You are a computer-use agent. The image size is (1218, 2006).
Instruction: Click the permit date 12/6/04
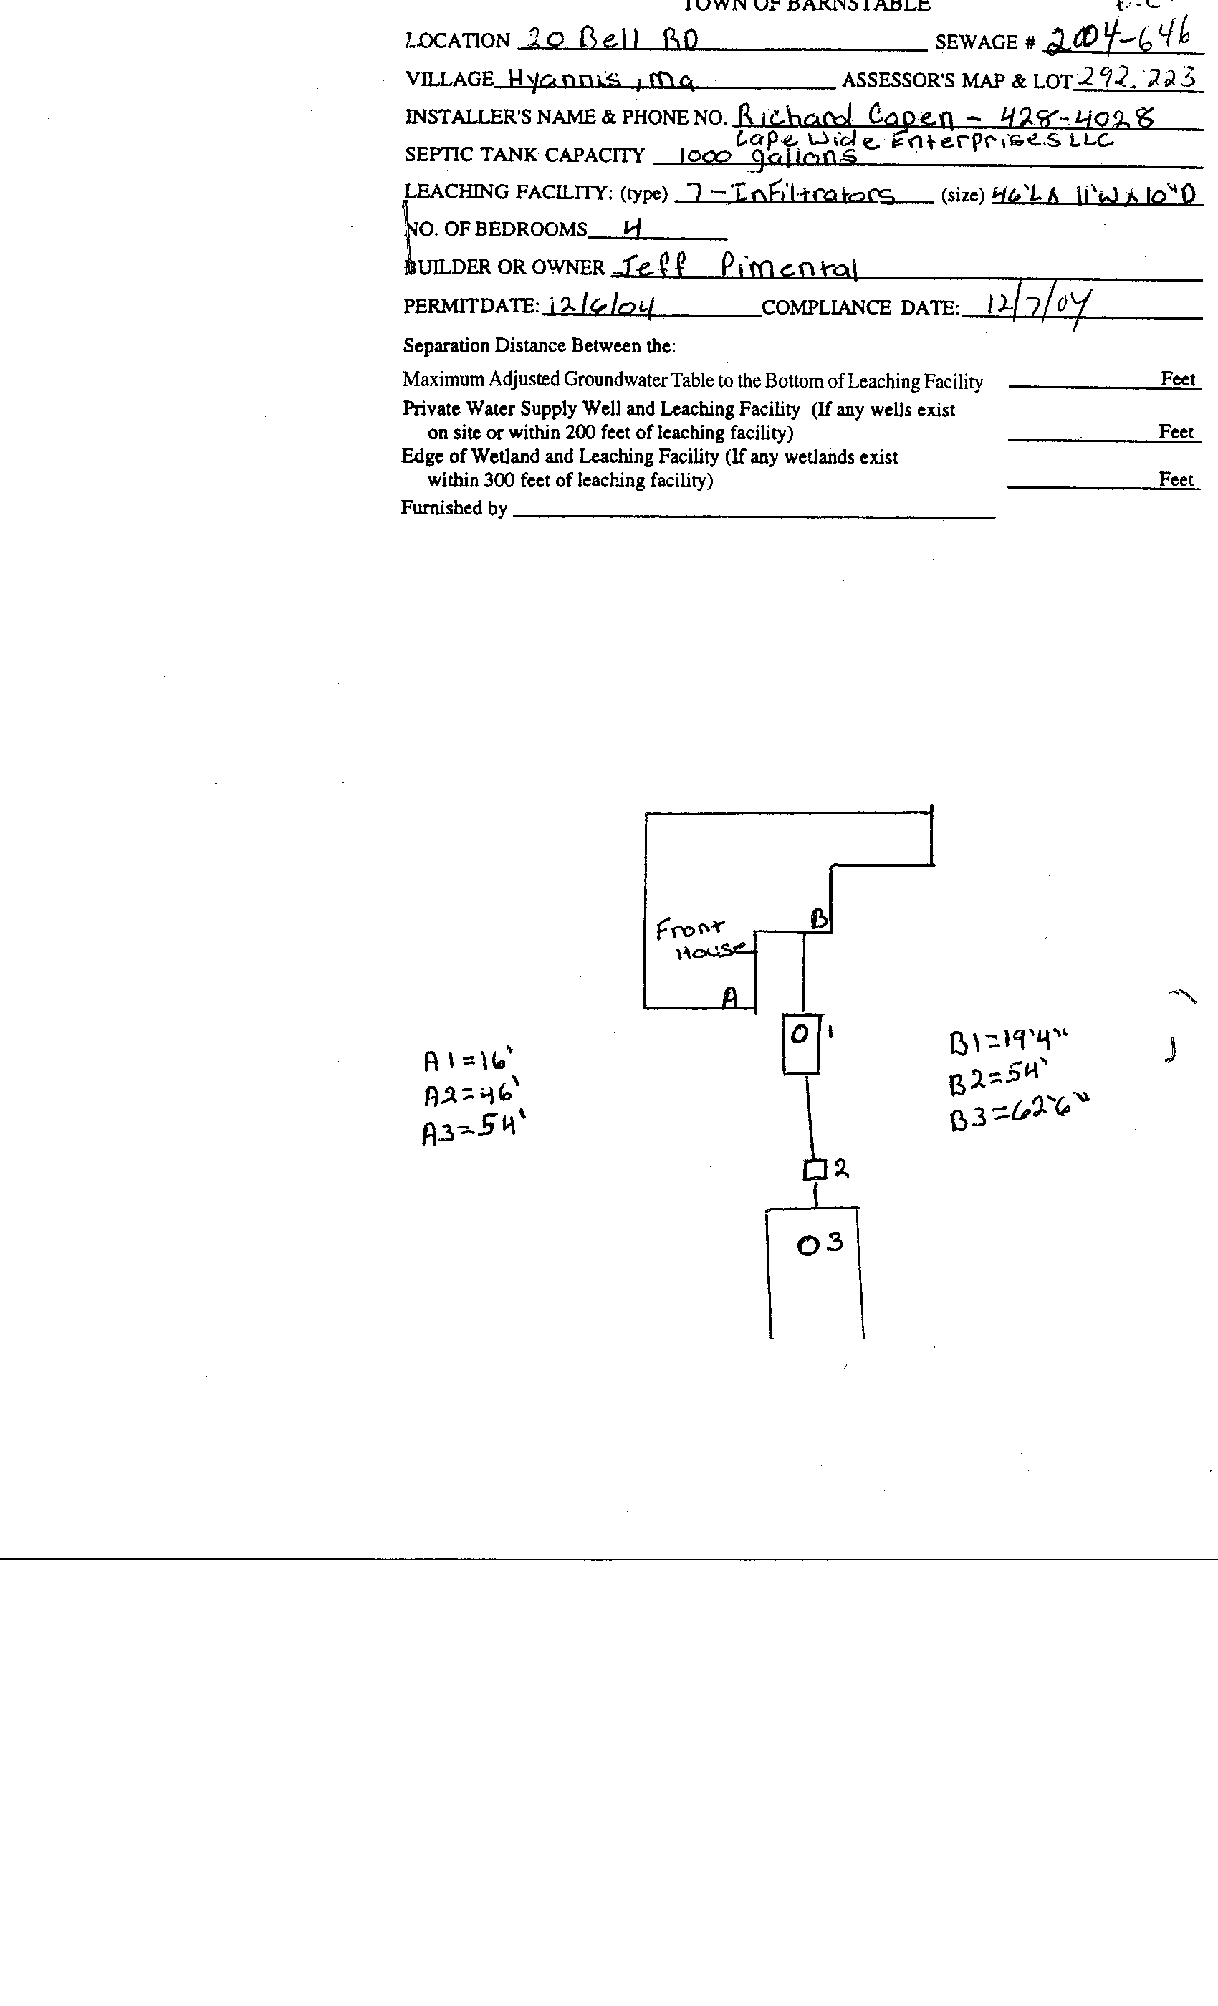click(601, 306)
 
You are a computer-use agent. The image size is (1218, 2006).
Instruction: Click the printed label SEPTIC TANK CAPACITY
click(524, 155)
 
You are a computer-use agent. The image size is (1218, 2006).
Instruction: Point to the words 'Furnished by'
click(454, 508)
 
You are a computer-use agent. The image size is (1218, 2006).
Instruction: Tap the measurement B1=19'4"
click(1008, 1041)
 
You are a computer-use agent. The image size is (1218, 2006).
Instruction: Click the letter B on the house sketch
click(819, 919)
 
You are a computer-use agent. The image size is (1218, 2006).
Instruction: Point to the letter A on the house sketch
click(730, 997)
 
